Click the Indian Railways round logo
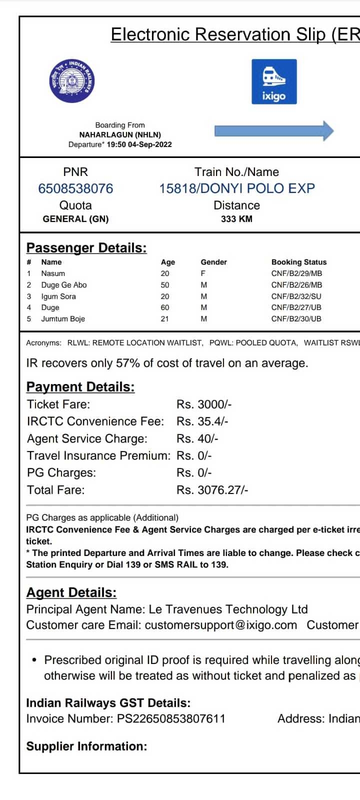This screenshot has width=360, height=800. (72, 81)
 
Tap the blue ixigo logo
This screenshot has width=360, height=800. (274, 81)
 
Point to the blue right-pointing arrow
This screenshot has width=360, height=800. (274, 131)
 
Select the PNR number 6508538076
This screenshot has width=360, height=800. (75, 188)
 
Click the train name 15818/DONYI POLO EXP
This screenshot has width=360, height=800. (237, 188)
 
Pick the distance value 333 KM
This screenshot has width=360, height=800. (236, 219)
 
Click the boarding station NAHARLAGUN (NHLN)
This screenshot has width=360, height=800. (120, 134)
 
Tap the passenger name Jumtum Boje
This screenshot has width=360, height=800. (63, 319)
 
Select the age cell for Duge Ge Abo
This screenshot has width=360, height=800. (165, 285)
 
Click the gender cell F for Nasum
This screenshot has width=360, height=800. (203, 273)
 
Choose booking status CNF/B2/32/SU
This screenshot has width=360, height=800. (296, 296)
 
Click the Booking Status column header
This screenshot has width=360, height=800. (299, 262)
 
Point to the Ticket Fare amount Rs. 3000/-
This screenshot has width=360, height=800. (204, 404)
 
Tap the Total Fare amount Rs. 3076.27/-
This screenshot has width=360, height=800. (212, 490)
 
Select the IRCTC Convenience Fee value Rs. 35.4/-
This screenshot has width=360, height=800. (202, 421)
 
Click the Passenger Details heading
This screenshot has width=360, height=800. (86, 248)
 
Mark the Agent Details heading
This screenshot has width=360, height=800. (71, 592)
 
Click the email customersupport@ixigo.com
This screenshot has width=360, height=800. (221, 625)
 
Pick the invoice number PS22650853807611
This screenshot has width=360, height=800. (171, 719)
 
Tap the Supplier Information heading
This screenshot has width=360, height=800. (86, 746)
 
